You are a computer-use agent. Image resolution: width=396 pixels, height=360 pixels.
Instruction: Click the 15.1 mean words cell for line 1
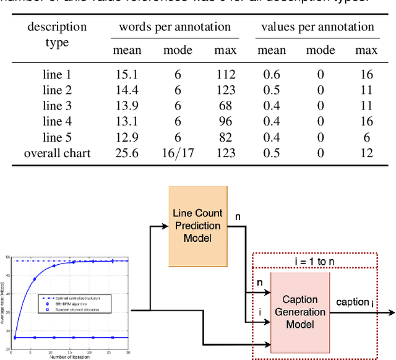click(127, 75)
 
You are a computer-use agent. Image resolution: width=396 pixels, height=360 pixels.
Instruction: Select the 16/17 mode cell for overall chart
click(178, 152)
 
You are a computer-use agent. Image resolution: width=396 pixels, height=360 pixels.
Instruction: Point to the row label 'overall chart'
click(58, 152)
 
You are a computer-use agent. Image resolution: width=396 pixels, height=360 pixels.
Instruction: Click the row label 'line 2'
click(58, 90)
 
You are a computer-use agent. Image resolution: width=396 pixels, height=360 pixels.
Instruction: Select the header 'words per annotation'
click(174, 27)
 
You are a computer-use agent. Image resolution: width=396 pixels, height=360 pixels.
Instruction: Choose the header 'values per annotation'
click(317, 27)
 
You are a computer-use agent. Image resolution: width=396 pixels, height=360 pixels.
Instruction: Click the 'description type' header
click(58, 35)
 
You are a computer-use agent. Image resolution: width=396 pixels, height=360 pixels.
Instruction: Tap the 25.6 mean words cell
click(127, 152)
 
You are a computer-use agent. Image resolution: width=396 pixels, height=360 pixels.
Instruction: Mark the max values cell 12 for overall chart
click(366, 152)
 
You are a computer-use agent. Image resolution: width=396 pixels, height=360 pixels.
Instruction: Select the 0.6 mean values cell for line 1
click(271, 75)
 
